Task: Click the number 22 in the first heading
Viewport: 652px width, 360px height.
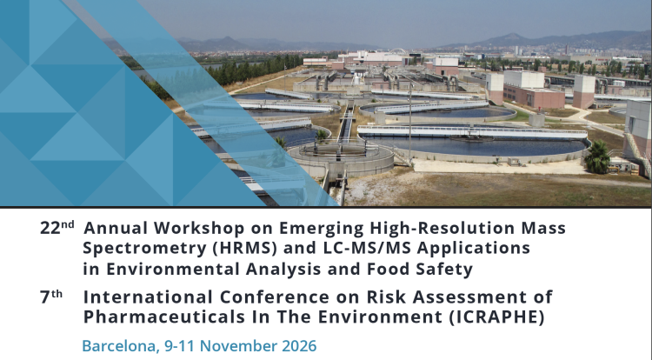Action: (x=50, y=229)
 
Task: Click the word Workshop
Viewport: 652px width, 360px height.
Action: (x=187, y=229)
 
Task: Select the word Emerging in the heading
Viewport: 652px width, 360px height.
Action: (x=297, y=229)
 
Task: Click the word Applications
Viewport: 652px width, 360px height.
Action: (x=480, y=249)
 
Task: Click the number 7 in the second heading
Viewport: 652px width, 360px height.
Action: (x=45, y=296)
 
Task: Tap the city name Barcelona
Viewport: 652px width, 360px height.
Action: (x=116, y=345)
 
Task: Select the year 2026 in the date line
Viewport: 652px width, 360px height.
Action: (x=297, y=345)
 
